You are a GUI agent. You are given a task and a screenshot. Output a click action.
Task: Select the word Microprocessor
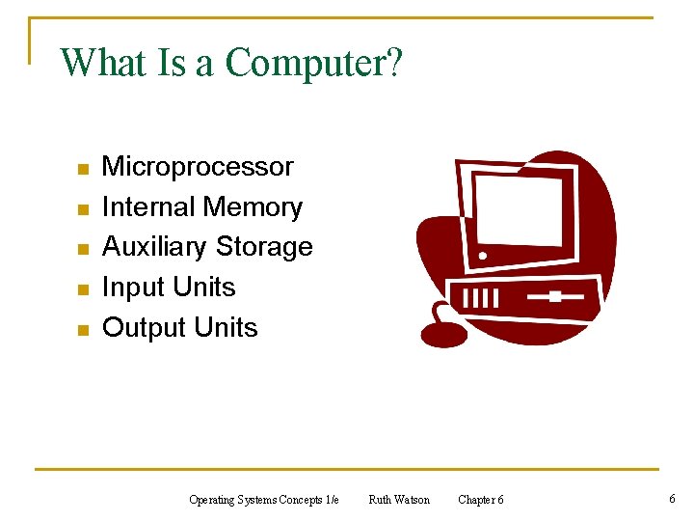198,167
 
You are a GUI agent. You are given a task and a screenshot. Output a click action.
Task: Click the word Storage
264,247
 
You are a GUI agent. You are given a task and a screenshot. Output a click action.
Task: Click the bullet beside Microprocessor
84,169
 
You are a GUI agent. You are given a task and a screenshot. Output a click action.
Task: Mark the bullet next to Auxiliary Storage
84,249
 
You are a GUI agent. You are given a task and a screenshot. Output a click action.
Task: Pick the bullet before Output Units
84,330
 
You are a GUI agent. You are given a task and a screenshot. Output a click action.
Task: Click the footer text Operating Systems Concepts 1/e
264,500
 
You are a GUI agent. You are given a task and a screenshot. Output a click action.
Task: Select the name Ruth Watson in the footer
399,500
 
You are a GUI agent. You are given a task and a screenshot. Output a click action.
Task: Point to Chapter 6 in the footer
480,500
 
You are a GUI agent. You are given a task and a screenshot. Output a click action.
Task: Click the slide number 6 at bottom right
672,498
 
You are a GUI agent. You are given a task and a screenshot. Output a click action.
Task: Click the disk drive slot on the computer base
553,296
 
